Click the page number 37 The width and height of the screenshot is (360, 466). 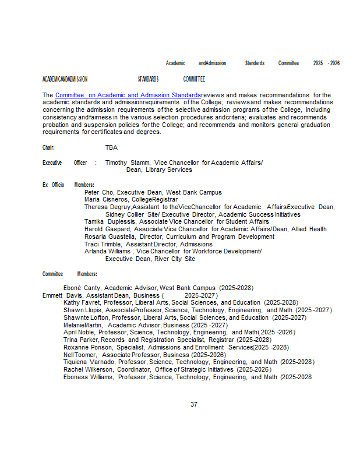click(194, 404)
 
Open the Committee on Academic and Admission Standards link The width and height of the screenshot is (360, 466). click(128, 95)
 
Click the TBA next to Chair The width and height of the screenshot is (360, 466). click(111, 148)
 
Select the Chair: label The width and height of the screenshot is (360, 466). click(48, 148)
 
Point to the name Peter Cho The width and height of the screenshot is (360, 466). click(98, 192)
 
